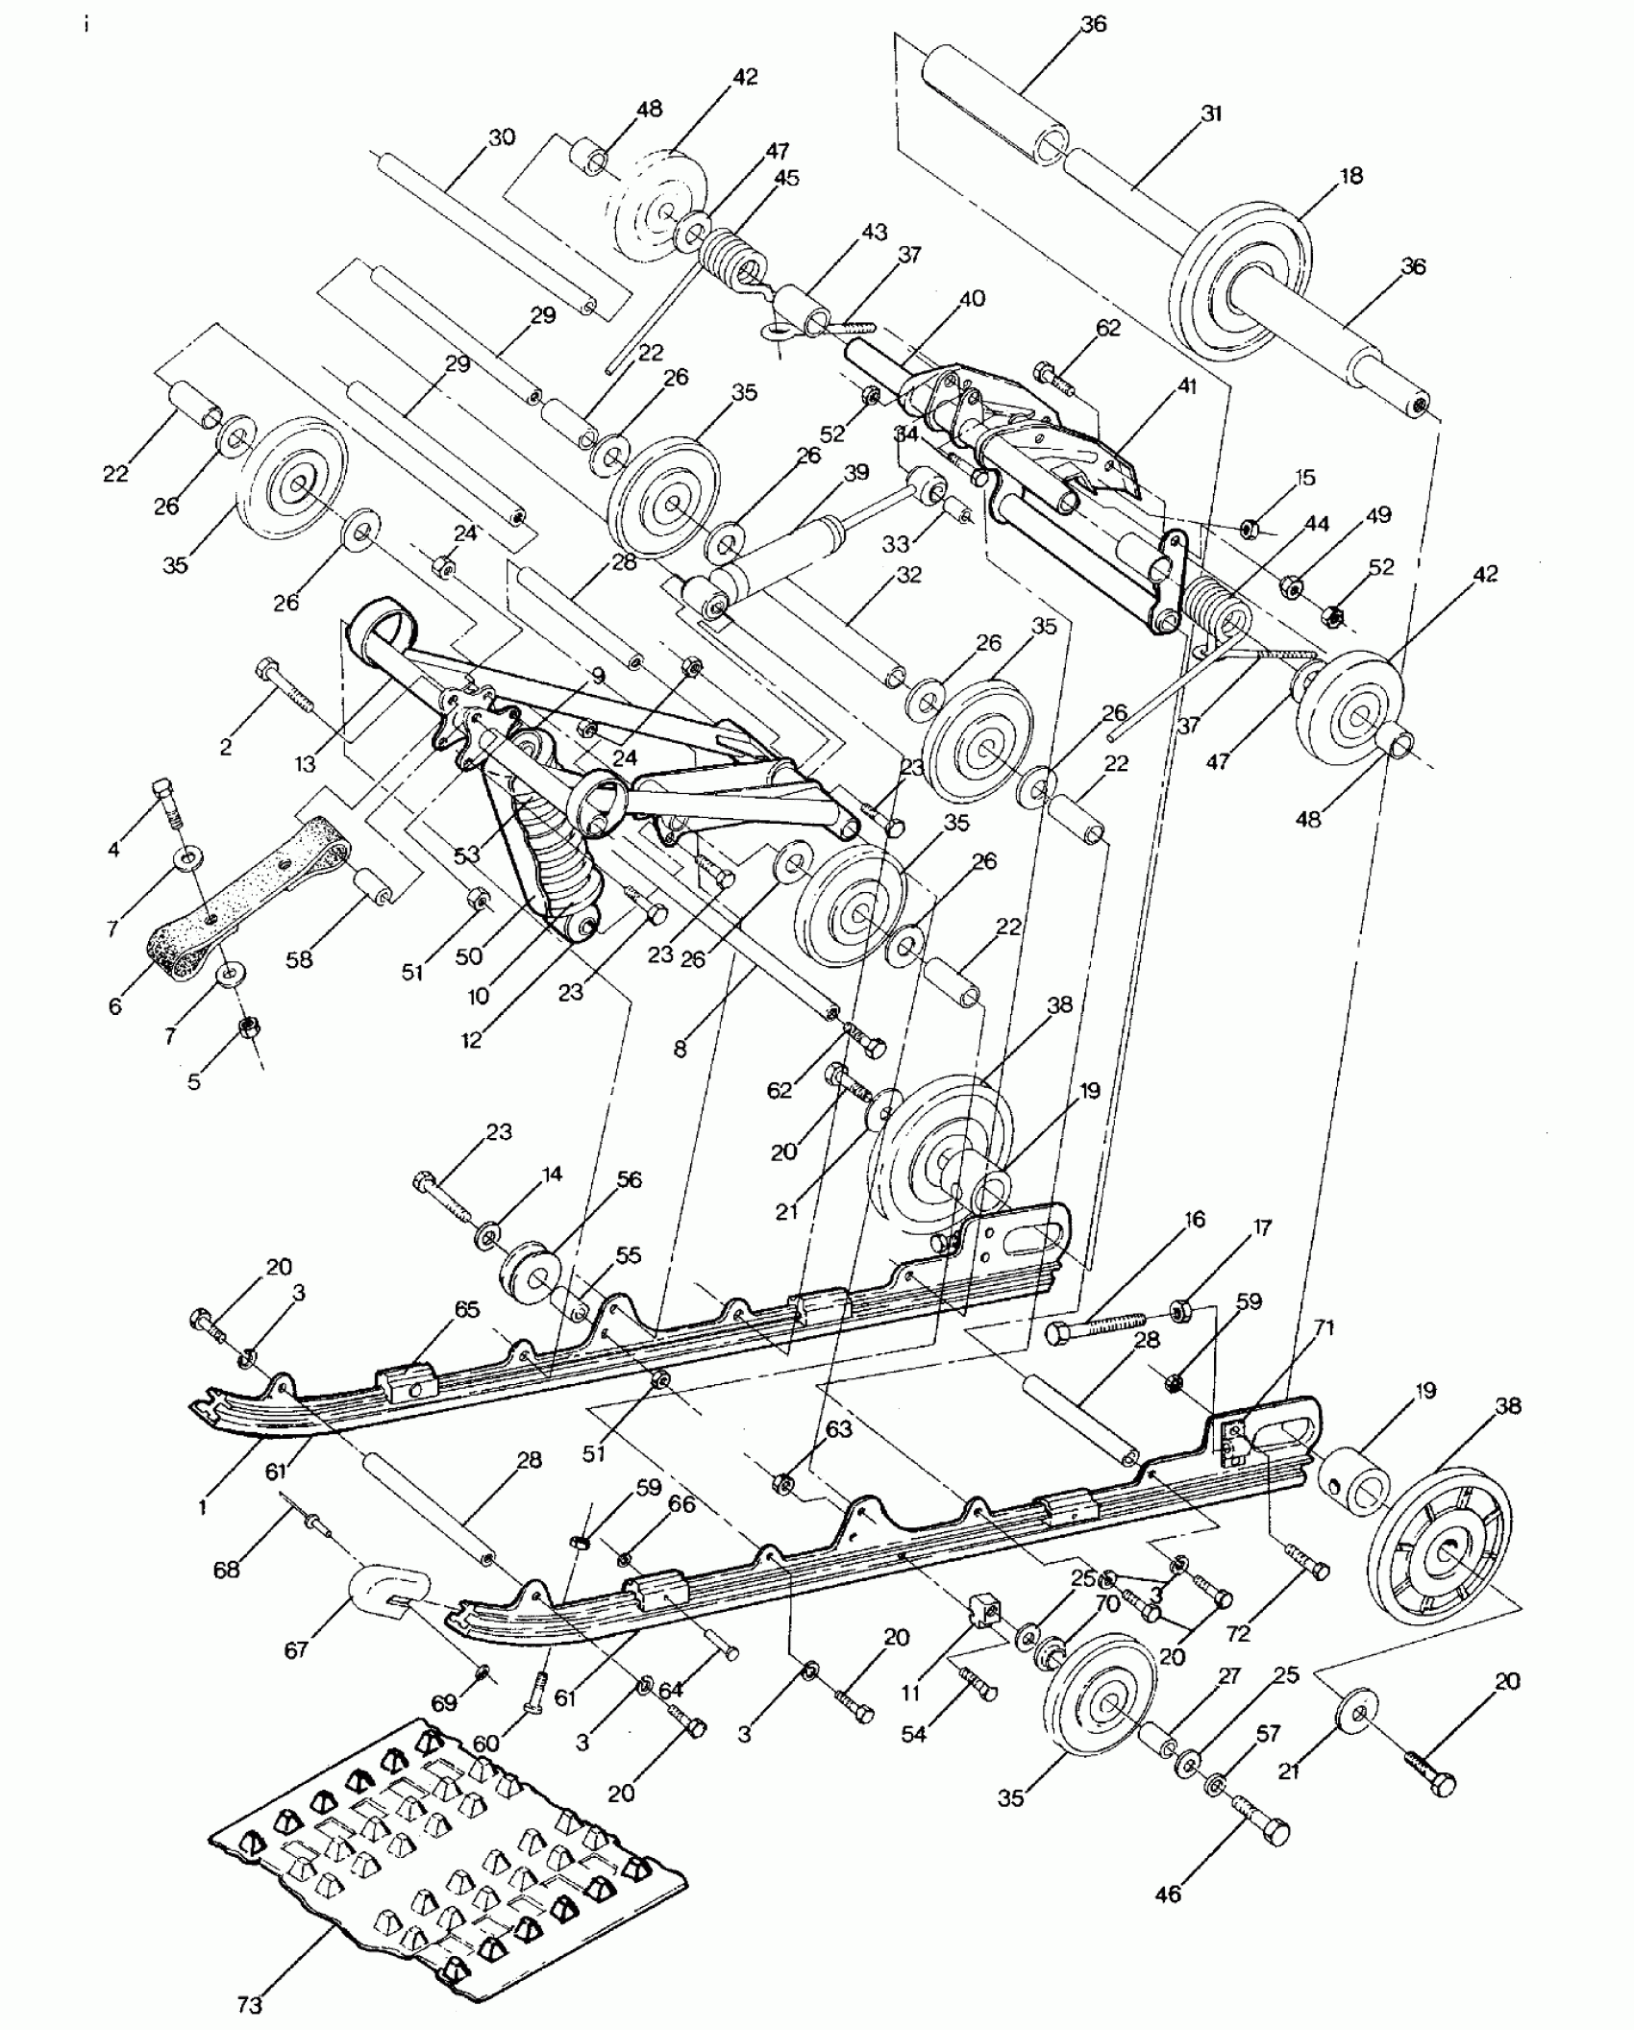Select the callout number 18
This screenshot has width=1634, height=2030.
1350,176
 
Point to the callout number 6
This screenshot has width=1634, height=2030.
115,1005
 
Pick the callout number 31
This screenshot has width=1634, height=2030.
1210,113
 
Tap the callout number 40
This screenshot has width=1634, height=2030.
972,299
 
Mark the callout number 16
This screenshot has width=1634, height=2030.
1195,1220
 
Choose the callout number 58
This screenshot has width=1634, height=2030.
299,958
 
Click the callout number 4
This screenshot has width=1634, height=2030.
113,849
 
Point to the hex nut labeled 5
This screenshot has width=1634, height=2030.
248,1027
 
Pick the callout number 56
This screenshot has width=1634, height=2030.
630,1179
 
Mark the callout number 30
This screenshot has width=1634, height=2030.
501,137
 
